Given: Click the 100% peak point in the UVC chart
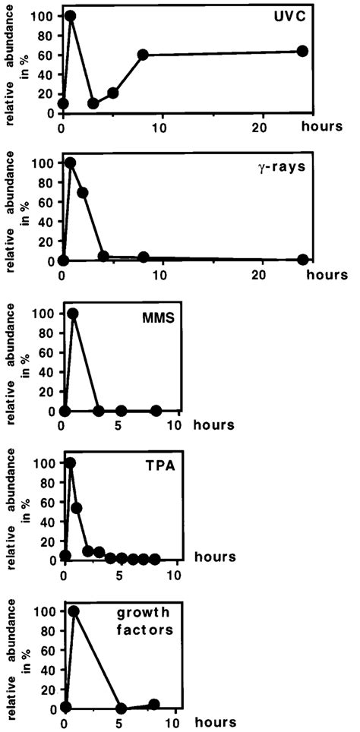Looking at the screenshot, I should pos(71,16).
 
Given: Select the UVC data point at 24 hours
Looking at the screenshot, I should pos(302,51).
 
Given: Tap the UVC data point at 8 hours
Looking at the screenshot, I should pos(143,55).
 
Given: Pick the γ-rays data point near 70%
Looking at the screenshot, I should pos(83,192).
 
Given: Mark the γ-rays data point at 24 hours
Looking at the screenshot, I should pos(303,260).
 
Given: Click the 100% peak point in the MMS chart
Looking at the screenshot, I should pos(73,314).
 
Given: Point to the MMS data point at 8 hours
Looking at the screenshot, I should pos(156,411).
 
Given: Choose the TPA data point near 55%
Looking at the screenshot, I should pos(76,507).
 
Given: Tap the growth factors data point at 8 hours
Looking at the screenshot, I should pos(155,704).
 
